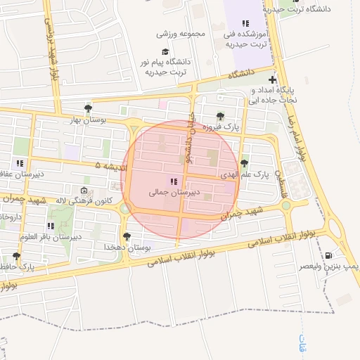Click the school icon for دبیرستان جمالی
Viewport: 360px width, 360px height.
point(174,181)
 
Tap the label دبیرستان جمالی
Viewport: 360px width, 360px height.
point(174,191)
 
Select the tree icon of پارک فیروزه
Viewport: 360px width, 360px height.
point(221,117)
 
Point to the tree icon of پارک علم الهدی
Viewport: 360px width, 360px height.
point(244,163)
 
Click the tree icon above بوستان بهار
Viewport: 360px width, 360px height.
point(88,108)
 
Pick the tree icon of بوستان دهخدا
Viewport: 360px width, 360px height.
point(127,237)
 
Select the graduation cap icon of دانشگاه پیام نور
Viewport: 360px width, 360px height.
point(165,51)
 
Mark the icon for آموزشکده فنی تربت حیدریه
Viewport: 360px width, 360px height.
point(245,23)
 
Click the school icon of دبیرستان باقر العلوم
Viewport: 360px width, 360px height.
point(51,226)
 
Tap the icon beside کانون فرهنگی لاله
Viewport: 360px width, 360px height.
point(84,191)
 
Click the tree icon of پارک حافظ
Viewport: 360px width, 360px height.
point(16,256)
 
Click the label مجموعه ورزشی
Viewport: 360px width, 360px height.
point(181,33)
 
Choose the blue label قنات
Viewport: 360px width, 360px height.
point(304,344)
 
